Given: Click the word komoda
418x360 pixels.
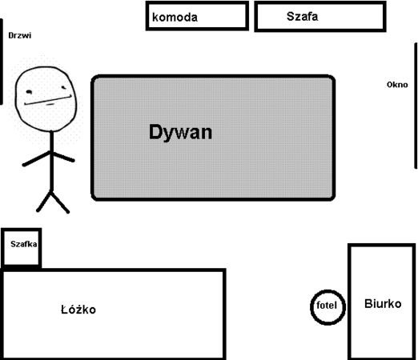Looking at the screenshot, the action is (175, 18).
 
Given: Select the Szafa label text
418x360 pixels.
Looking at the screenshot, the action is (302, 17).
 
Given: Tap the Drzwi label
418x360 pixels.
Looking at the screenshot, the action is (20, 35).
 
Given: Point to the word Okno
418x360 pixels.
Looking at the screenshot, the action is (397, 85).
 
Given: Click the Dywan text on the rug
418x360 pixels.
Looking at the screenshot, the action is (180, 132).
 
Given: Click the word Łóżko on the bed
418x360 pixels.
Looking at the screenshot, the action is (78, 310).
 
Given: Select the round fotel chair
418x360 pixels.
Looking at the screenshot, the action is (328, 290).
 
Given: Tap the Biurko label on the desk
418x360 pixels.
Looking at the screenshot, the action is (383, 304).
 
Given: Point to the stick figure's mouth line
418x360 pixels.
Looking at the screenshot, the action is (48, 100).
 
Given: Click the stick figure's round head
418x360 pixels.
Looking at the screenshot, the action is (15, 98).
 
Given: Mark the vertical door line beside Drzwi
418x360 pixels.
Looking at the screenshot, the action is (2, 62).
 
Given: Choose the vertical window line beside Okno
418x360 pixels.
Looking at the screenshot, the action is (416, 106).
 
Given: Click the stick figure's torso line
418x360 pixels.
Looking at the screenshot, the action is (52, 161).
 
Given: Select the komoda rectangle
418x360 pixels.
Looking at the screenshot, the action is (197, 2).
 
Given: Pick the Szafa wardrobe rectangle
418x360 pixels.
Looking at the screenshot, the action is (320, 2).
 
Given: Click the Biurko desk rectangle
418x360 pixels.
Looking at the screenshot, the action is (350, 302).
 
